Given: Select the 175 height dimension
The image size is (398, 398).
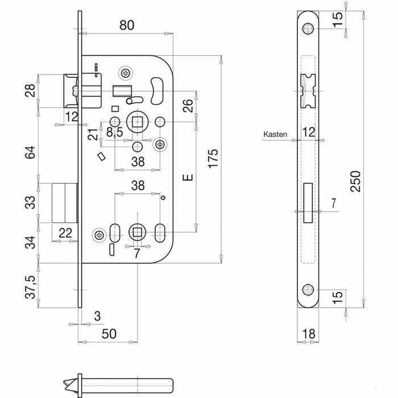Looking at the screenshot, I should pyautogui.click(x=212, y=160).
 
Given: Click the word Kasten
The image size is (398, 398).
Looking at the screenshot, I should pyautogui.click(x=275, y=135).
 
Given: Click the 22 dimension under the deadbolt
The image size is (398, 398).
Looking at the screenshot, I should pyautogui.click(x=65, y=232).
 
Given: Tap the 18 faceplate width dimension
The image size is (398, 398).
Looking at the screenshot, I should pyautogui.click(x=309, y=333).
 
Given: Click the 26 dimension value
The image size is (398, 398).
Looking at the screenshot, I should pyautogui.click(x=188, y=105).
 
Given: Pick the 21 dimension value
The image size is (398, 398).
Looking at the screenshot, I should pyautogui.click(x=93, y=134).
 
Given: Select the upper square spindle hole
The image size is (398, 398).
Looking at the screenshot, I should pyautogui.click(x=137, y=121).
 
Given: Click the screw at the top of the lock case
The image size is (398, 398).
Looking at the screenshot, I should pyautogui.click(x=125, y=73).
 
